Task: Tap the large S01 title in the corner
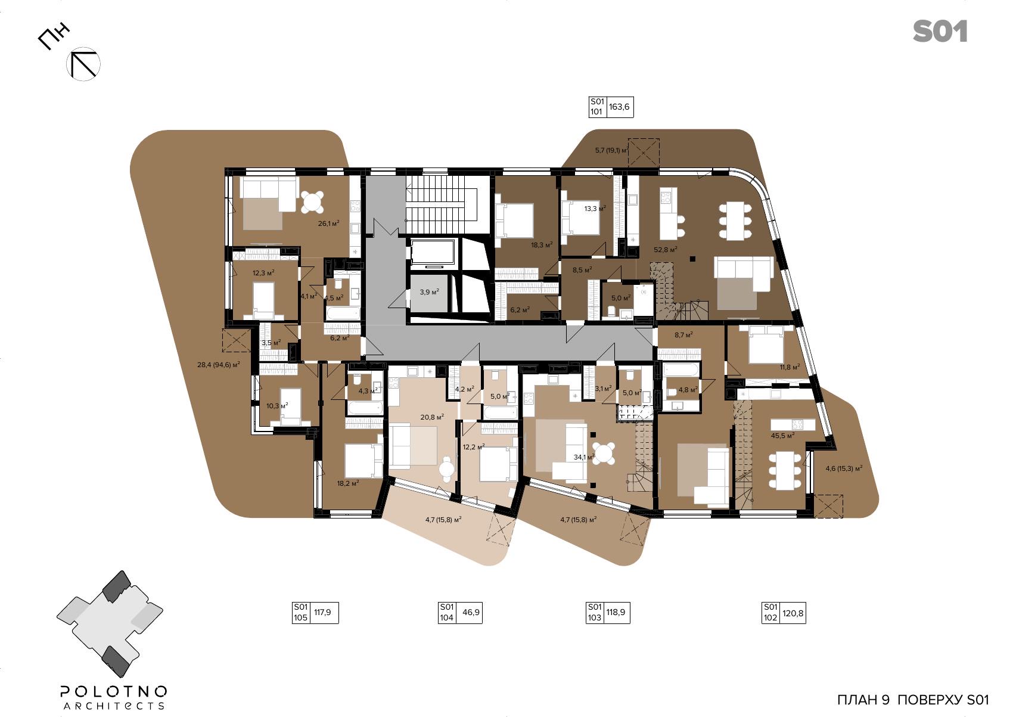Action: tap(940, 32)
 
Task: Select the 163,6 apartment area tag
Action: tap(611, 107)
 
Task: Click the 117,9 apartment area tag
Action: tap(315, 613)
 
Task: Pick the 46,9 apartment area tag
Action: tap(461, 613)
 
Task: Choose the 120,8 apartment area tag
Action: tap(784, 613)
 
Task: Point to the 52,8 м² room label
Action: tap(665, 249)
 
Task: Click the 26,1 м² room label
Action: tap(328, 223)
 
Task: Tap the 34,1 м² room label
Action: tap(584, 457)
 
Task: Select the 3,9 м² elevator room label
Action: tap(429, 292)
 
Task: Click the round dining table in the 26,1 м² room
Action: tap(312, 202)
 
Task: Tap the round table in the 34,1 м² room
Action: tap(604, 454)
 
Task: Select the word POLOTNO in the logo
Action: tap(113, 691)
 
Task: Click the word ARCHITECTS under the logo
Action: tap(113, 706)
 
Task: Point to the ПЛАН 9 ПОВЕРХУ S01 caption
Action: tap(913, 700)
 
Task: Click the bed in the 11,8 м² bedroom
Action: tap(766, 344)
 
